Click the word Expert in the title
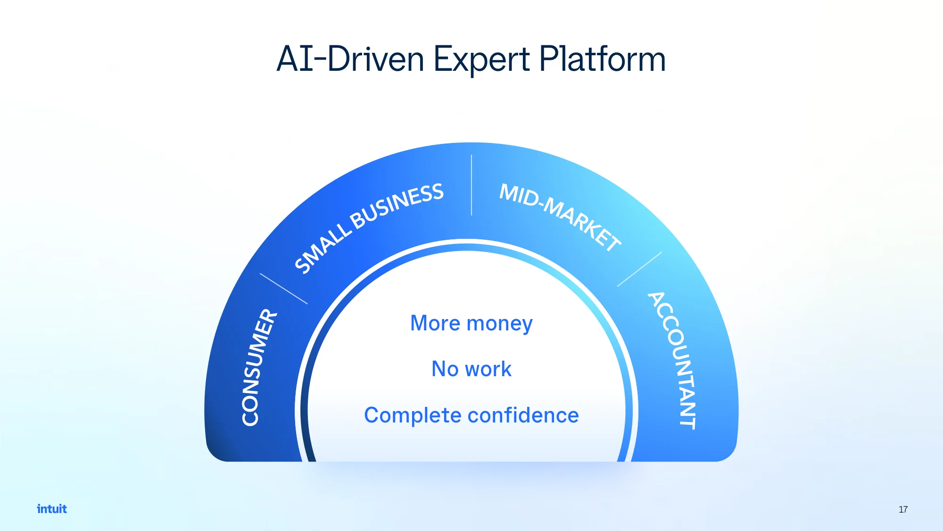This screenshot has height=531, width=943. [481, 60]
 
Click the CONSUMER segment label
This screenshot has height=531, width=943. [259, 367]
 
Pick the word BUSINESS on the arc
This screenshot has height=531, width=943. [397, 206]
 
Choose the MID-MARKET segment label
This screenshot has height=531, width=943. [560, 217]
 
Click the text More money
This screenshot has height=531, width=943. [471, 324]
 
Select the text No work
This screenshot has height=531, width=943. [471, 369]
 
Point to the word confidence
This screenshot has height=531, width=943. [523, 415]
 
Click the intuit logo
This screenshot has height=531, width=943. [52, 509]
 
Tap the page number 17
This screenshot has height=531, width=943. [903, 509]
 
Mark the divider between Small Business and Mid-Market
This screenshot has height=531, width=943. [471, 185]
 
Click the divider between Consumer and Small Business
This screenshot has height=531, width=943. [283, 288]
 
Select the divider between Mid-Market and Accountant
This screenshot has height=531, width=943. [639, 269]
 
